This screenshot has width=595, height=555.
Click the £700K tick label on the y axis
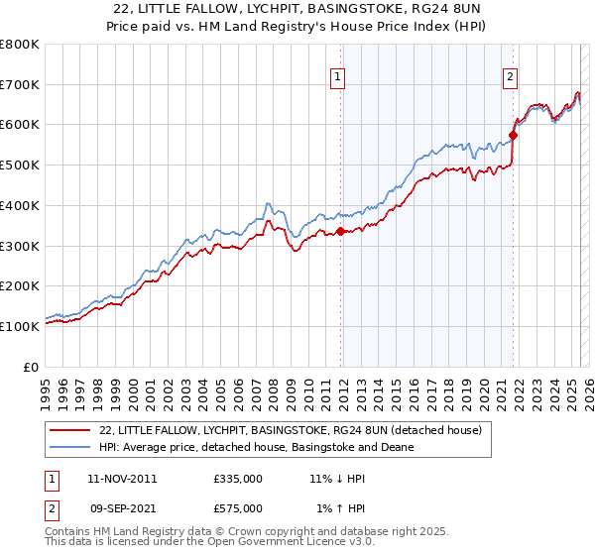click(20, 85)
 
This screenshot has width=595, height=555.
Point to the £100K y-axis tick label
click(20, 326)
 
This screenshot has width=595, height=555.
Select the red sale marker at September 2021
click(513, 136)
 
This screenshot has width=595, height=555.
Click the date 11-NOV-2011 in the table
click(122, 478)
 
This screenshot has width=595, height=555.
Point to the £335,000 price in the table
click(238, 478)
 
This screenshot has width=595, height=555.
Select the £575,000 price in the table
click(238, 507)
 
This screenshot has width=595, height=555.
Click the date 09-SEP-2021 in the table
click(122, 507)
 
